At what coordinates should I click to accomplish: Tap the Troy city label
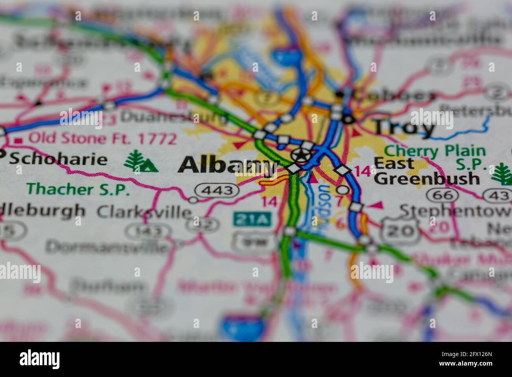[404, 127]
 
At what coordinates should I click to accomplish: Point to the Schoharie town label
[58, 159]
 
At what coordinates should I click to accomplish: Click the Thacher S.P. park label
[78, 189]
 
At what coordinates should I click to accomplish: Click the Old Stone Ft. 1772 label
[102, 139]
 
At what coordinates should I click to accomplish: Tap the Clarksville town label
[144, 212]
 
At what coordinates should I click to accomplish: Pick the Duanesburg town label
[173, 117]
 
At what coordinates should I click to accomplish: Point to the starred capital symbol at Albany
[301, 155]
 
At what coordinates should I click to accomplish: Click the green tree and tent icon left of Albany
[141, 162]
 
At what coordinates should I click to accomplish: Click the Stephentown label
[455, 211]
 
